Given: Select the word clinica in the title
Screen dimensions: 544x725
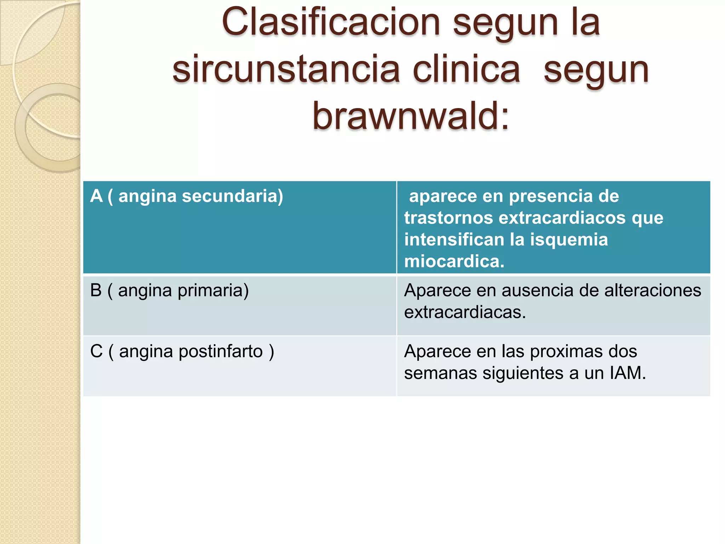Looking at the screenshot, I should point(466,70).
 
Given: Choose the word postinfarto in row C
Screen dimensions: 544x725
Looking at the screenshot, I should point(221,352).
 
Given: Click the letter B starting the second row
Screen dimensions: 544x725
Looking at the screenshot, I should point(96,290).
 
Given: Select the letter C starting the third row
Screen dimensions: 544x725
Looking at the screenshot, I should point(96,352).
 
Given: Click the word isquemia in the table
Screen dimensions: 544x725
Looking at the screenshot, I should point(569,240).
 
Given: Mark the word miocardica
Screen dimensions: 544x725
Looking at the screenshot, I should point(454,262).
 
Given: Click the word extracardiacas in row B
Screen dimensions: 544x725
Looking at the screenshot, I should point(465,312).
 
